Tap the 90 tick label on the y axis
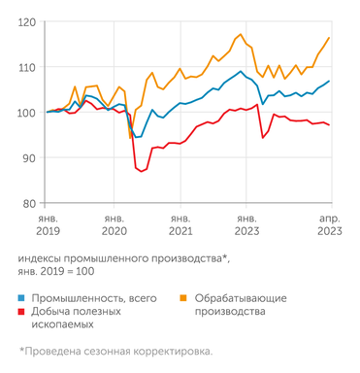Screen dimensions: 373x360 click(x=29, y=158)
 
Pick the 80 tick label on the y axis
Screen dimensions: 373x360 click(x=29, y=203)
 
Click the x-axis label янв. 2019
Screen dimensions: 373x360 click(x=48, y=225)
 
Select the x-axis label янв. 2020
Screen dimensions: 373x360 click(x=114, y=225)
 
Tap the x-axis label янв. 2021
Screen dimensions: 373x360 click(x=180, y=225)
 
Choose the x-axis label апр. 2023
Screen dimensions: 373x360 click(x=329, y=225)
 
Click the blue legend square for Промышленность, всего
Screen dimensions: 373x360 click(x=21, y=297)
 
